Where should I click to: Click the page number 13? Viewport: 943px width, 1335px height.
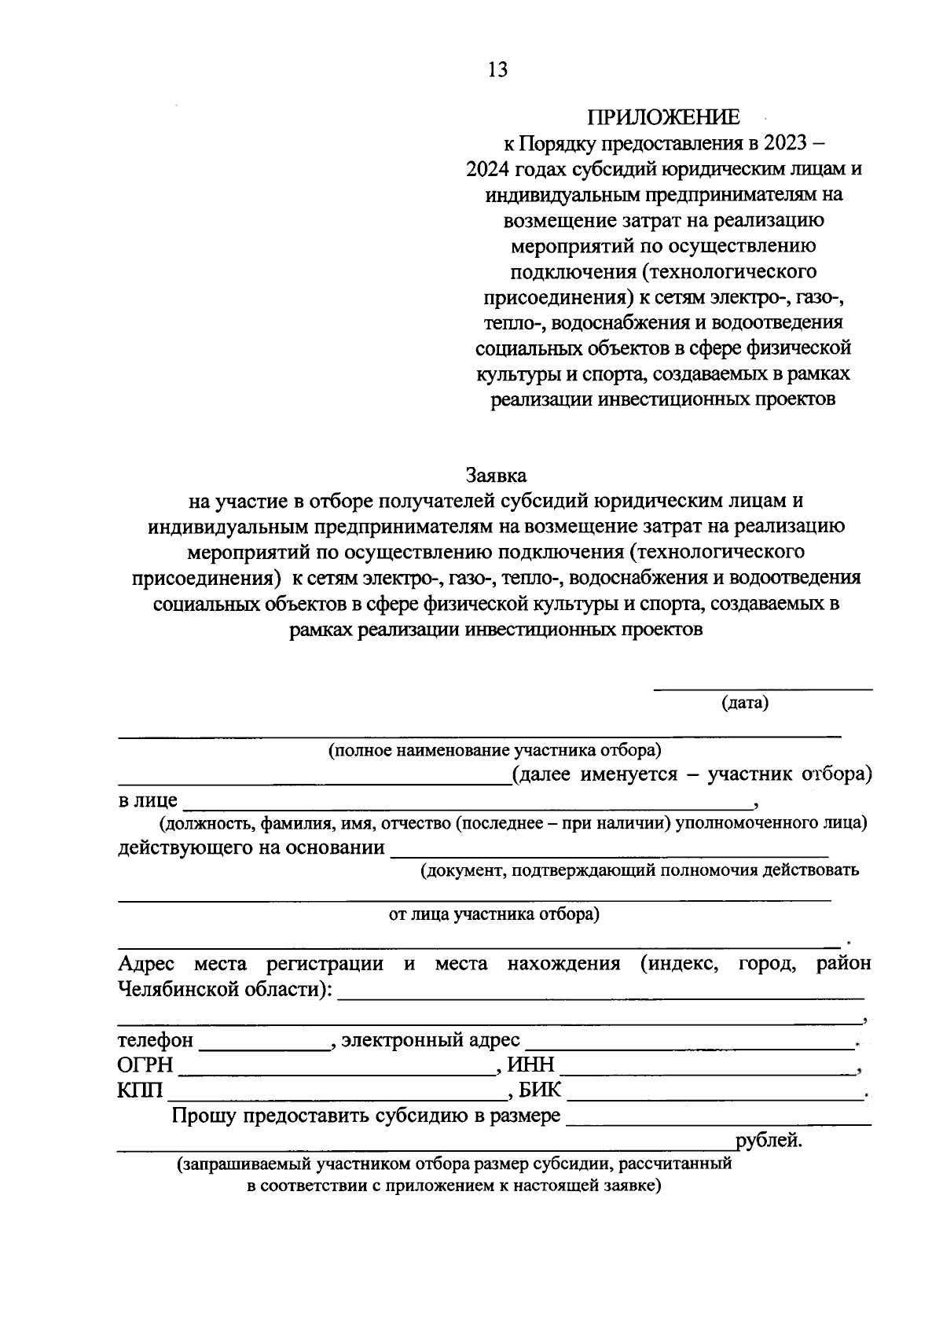pos(497,70)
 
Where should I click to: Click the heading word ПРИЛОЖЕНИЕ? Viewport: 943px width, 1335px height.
pos(663,118)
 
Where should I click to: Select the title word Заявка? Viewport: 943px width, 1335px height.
pos(496,476)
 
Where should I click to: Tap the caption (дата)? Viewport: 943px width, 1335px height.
pos(744,703)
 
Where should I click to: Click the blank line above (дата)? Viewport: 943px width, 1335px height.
pos(763,689)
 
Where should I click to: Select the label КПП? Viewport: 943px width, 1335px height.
pos(140,1090)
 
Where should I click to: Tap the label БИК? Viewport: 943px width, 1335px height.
pos(540,1090)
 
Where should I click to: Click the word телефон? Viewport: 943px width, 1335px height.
pos(155,1040)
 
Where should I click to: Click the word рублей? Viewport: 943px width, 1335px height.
pos(768,1140)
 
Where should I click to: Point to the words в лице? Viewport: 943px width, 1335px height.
pos(148,801)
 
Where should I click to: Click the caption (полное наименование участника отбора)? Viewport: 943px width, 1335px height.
pos(494,750)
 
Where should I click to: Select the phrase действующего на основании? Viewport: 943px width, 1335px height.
pos(251,848)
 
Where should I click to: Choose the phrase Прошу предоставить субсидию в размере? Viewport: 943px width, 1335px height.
pos(365,1116)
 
